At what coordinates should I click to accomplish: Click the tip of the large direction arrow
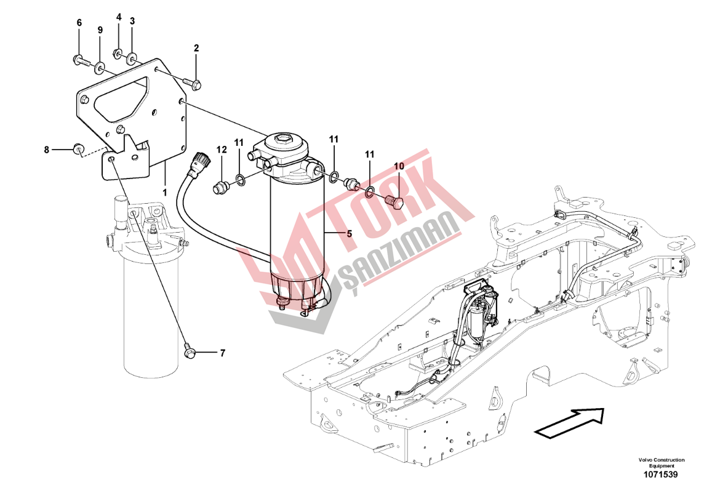coord(605,409)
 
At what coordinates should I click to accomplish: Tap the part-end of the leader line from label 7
coord(196,352)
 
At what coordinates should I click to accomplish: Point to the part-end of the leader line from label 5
coord(325,233)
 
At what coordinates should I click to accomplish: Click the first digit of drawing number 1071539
coord(646,475)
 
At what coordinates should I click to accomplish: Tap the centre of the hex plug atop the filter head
coord(282,138)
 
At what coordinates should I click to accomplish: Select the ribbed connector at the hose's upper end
coord(201,160)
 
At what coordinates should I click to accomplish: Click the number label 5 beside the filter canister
coord(349,234)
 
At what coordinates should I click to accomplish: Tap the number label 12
coord(221,150)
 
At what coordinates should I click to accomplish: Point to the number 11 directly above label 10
coord(370,154)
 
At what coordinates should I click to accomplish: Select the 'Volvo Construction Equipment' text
coord(661,463)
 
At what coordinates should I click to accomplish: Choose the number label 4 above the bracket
coord(119,17)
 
